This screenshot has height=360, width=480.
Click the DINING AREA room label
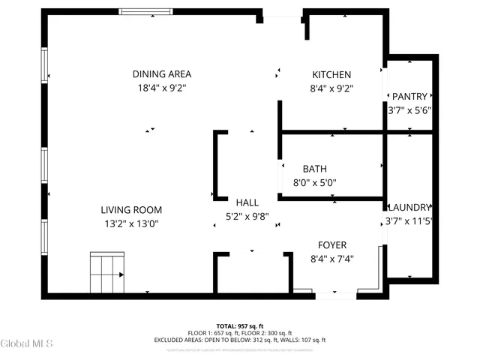pyautogui.click(x=162, y=74)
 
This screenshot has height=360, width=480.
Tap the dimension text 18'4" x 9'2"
pyautogui.click(x=162, y=88)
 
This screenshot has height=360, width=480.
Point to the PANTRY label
pyautogui.click(x=409, y=96)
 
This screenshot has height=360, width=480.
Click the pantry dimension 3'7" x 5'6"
pyautogui.click(x=409, y=109)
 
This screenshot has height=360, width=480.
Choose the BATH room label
pyautogui.click(x=314, y=169)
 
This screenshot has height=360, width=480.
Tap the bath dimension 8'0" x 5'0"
pyautogui.click(x=314, y=182)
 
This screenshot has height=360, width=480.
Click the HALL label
pyautogui.click(x=247, y=202)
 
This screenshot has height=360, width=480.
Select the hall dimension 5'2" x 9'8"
pyautogui.click(x=247, y=217)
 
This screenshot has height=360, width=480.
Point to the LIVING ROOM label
pyautogui.click(x=132, y=210)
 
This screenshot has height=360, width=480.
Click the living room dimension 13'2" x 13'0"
pyautogui.click(x=132, y=223)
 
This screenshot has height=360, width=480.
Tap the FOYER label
pyautogui.click(x=331, y=244)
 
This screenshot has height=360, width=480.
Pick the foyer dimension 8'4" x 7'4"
pyautogui.click(x=331, y=259)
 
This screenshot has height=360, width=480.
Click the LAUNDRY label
pyautogui.click(x=409, y=208)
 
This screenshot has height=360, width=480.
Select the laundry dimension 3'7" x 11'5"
pyautogui.click(x=409, y=221)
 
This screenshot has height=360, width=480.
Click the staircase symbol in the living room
pyautogui.click(x=106, y=274)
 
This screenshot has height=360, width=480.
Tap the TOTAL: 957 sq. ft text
pyautogui.click(x=240, y=326)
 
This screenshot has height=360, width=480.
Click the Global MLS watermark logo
pyautogui.click(x=27, y=343)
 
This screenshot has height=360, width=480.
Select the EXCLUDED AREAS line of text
pyautogui.click(x=240, y=340)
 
